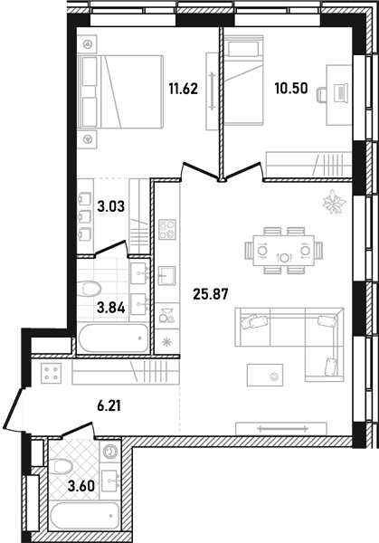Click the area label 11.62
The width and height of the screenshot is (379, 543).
(184, 89)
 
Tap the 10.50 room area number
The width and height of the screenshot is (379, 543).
(291, 89)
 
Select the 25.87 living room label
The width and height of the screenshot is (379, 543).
(211, 294)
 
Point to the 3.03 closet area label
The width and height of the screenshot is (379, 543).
(110, 207)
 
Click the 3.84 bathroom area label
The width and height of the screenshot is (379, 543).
(110, 307)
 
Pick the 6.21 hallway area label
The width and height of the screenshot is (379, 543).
(109, 405)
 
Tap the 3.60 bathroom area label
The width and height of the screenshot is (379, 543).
(81, 487)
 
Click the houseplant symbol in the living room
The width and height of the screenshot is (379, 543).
(334, 202)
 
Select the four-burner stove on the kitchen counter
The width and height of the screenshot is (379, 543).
(167, 230)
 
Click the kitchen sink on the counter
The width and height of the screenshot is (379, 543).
(167, 276)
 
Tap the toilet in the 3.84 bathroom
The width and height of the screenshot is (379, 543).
(89, 289)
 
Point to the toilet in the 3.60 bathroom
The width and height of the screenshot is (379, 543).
(61, 466)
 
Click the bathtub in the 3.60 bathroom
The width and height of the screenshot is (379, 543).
(84, 516)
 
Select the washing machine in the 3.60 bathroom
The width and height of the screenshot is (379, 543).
(110, 451)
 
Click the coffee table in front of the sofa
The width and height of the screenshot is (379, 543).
(265, 375)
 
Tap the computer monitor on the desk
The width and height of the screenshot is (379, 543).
(342, 92)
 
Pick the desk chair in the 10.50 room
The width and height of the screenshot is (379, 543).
(321, 94)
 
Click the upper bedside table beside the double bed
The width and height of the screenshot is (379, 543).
(87, 44)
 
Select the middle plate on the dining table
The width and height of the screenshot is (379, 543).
(284, 258)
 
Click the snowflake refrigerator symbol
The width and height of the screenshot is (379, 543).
(167, 342)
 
